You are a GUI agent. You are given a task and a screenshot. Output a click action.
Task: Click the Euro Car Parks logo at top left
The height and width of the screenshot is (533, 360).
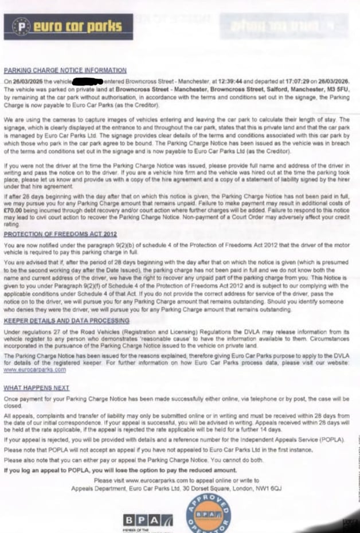72,26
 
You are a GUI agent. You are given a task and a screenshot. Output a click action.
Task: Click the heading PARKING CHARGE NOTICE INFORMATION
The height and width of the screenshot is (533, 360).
65,70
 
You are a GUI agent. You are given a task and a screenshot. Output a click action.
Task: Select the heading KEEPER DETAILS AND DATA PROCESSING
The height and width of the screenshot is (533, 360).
66,321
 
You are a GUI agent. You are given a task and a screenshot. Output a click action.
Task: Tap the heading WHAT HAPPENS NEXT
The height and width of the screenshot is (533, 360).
36,388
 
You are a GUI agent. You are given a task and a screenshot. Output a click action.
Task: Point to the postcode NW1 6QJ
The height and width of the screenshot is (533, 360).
268,488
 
